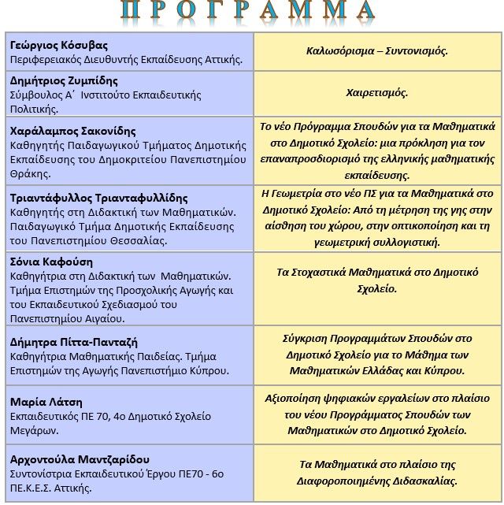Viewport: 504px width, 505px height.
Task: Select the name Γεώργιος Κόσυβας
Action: click(x=59, y=45)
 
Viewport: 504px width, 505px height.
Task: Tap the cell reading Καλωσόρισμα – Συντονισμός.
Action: click(x=377, y=51)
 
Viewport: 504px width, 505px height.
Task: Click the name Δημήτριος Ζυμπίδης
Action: click(x=64, y=81)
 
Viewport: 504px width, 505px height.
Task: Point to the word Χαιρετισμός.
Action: click(x=377, y=93)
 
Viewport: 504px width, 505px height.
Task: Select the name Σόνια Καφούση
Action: click(x=51, y=262)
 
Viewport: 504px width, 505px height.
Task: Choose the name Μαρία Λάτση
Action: click(x=46, y=402)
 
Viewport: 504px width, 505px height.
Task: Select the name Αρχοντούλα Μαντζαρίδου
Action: click(x=80, y=459)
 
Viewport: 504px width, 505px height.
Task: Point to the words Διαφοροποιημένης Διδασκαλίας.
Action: click(x=377, y=481)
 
